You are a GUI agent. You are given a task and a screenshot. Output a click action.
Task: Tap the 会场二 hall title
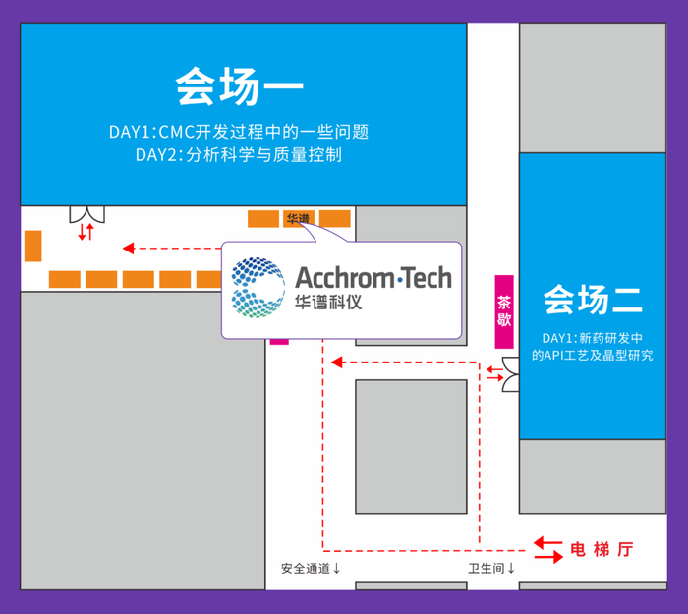593,299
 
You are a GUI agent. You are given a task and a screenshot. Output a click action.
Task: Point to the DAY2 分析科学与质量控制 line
239,155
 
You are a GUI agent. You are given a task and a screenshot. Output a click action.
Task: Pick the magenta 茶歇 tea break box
504,311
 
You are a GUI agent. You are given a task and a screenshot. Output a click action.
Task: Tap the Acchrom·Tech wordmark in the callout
373,277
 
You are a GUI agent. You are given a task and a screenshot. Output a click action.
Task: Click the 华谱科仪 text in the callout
328,302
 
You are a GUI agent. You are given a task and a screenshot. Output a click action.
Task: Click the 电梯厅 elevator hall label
602,549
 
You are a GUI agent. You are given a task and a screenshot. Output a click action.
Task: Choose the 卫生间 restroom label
491,568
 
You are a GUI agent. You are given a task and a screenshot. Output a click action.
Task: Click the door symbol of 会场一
86,214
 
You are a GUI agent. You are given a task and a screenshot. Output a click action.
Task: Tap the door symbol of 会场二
511,372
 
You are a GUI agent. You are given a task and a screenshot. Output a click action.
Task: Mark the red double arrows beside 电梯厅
547,549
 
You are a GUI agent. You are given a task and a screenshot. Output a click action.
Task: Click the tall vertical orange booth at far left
32,246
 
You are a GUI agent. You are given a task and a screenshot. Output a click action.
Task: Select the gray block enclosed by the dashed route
411,446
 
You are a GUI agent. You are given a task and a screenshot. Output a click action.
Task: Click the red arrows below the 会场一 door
86,233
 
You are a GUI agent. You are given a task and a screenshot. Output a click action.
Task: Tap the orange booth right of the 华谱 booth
335,218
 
